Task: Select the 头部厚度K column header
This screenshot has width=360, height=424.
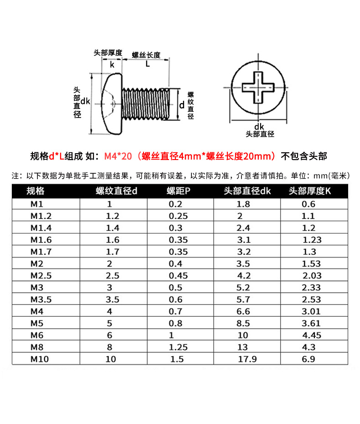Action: [310, 191]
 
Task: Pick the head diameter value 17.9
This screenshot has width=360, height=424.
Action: [247, 359]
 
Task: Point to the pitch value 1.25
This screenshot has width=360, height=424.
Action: [178, 347]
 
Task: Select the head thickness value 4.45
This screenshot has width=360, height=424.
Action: [312, 336]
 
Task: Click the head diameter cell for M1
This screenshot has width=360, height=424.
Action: [243, 204]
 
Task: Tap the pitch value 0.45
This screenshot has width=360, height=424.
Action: [178, 275]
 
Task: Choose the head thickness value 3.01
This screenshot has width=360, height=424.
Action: [312, 311]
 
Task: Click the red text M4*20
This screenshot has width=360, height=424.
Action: [118, 156]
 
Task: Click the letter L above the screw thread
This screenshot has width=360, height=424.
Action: [147, 64]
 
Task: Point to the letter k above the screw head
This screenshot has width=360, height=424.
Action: [112, 64]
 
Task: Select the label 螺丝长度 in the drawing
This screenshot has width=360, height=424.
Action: [146, 55]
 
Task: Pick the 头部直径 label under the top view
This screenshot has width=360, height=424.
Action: [260, 134]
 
